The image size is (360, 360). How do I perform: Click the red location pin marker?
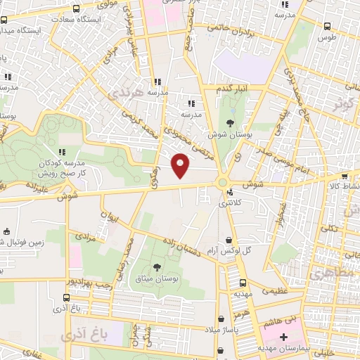pyautogui.click(x=181, y=166)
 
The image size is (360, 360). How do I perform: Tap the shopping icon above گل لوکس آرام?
pyautogui.click(x=230, y=239)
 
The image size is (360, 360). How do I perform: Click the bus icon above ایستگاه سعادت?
pyautogui.click(x=75, y=8)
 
